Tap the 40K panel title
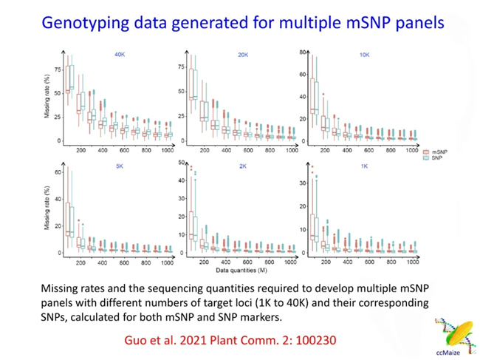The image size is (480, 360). [120, 55]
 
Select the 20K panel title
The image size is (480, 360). [243, 55]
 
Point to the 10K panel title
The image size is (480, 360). [364, 55]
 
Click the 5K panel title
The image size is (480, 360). [120, 166]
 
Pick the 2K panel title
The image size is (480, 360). [243, 166]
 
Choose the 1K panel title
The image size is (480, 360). [364, 166]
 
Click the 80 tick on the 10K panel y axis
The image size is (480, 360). [301, 52]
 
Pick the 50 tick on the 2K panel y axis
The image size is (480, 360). [181, 163]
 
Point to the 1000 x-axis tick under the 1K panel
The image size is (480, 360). [413, 262]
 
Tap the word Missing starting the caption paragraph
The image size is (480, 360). [64, 288]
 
